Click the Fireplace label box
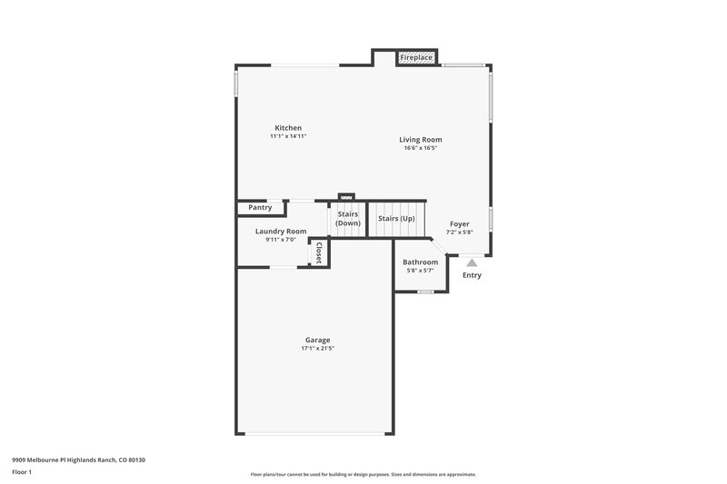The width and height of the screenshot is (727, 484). [x=416, y=57]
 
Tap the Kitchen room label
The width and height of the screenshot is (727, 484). [x=288, y=128]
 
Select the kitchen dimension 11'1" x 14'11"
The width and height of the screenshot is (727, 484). [x=288, y=136]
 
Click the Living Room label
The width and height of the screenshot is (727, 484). [x=421, y=140]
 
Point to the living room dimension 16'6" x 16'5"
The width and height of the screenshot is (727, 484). [x=421, y=148]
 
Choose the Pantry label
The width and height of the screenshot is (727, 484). [x=260, y=208]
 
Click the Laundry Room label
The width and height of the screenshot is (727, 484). [x=281, y=232]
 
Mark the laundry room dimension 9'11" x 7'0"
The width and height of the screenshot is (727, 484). [x=281, y=240]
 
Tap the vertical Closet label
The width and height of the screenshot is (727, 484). [x=319, y=253]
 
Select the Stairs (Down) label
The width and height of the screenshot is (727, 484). [x=348, y=219]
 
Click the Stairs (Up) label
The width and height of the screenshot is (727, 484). [x=396, y=219]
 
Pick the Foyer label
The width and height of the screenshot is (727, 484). [x=460, y=223]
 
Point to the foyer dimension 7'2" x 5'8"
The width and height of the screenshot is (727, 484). [x=460, y=232]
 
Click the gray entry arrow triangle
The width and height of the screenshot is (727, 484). [x=472, y=262]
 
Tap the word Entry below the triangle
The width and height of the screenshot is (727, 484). [x=472, y=275]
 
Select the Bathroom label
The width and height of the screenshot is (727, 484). [x=421, y=262]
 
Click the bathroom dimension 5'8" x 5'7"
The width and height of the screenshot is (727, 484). [x=421, y=271]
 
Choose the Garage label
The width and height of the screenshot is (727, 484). [x=317, y=340]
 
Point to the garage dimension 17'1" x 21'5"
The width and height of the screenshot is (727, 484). [x=317, y=348]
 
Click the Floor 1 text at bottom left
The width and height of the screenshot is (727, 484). [x=23, y=473]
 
